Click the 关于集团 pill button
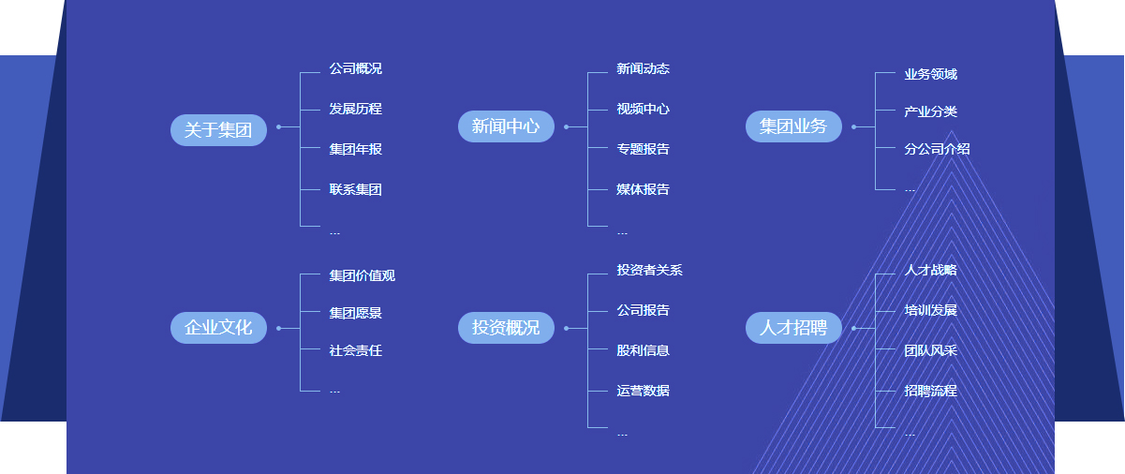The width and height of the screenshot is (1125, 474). (x=218, y=129)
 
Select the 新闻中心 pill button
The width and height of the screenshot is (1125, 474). (x=506, y=126)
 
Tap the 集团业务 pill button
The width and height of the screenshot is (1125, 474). (x=793, y=126)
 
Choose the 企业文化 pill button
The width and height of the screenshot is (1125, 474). (x=218, y=328)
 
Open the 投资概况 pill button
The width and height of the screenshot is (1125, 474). (x=506, y=328)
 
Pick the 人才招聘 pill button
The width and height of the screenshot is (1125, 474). (x=793, y=328)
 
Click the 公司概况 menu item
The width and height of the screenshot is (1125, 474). (x=355, y=68)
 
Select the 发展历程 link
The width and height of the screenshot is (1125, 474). (x=355, y=109)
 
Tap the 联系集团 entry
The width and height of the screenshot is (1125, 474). (x=355, y=189)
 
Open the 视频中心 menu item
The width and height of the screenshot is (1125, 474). (x=643, y=109)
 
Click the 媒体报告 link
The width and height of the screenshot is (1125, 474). (x=643, y=189)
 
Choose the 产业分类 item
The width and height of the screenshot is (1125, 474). (x=930, y=111)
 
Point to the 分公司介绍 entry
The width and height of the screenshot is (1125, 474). (x=937, y=149)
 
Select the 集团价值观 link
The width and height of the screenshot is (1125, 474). (x=362, y=275)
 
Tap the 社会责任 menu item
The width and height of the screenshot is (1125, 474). (x=355, y=350)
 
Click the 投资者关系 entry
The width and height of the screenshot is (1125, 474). (x=649, y=270)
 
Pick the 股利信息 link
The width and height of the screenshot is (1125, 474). (x=643, y=350)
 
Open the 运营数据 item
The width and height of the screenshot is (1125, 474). (x=643, y=391)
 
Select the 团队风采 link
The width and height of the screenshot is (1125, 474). (x=930, y=350)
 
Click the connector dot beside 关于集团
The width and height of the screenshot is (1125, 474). (x=279, y=126)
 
